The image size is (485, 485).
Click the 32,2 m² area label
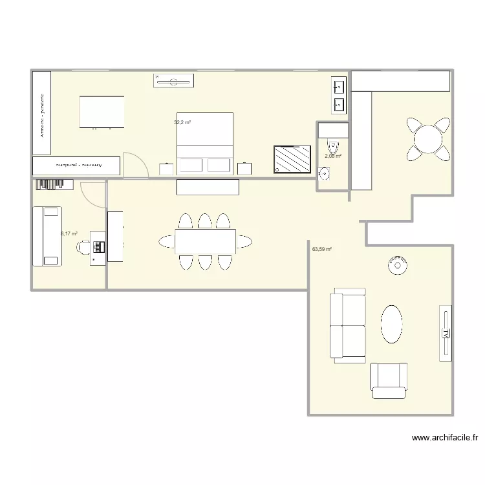[x=182, y=122]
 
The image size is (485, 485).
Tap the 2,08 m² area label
[x=332, y=156]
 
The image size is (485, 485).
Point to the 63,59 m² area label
[x=321, y=249]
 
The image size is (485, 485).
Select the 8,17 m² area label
[x=69, y=234]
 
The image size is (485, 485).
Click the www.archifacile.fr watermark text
[x=445, y=438]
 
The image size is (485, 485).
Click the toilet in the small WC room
[x=333, y=145]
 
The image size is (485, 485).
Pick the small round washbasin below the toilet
[x=325, y=173]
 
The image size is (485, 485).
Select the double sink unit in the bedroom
[x=339, y=94]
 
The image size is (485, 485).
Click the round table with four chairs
[x=427, y=138]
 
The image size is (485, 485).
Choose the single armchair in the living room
[x=388, y=381]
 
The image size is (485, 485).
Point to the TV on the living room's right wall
[x=445, y=332]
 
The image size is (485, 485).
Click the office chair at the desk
[x=84, y=246]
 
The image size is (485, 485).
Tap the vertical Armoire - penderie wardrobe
[x=41, y=113]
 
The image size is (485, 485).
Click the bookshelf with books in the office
[x=56, y=184]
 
